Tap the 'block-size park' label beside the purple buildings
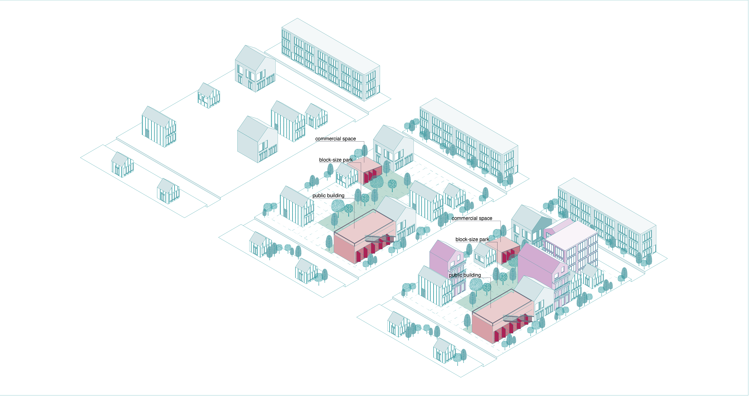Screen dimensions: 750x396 tap(472, 239)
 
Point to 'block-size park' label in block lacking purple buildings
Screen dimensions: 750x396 tap(336, 160)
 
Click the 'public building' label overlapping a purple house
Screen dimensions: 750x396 tap(465, 275)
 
